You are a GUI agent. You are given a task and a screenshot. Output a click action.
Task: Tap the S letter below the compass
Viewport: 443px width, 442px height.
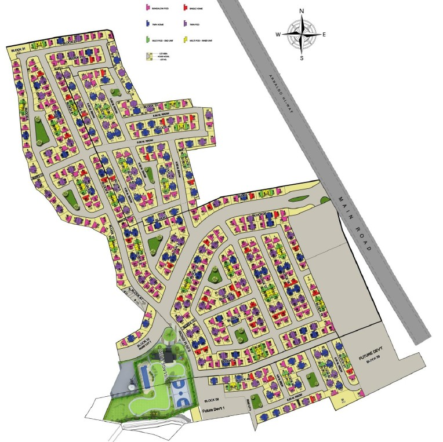[302, 58]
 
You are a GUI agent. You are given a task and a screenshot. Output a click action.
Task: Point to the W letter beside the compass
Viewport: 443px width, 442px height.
[278, 35]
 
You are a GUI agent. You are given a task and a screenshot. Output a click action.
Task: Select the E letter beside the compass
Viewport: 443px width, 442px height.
[324, 35]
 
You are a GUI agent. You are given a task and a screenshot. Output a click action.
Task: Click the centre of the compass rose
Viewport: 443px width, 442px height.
[302, 35]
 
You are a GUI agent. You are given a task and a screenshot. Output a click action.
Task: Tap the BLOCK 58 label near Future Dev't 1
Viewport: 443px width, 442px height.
[211, 400]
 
